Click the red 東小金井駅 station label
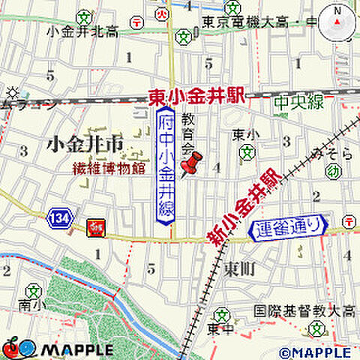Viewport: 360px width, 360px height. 196,97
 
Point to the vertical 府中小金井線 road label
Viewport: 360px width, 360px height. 166,165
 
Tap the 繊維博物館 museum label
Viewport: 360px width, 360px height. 109,168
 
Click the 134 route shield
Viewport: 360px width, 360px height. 59,218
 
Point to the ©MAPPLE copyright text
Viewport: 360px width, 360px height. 315,352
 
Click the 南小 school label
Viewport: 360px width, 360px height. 29,304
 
